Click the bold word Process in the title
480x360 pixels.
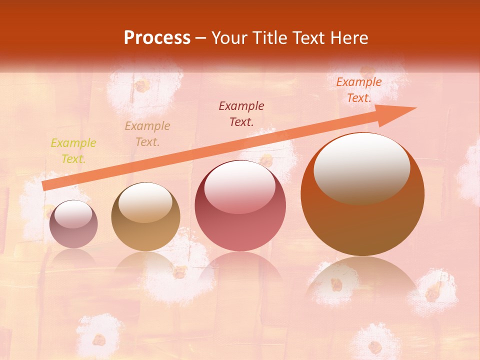click(x=157, y=38)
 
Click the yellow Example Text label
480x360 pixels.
click(x=73, y=151)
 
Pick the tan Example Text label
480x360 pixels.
click(x=147, y=134)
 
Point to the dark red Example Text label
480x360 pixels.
click(x=241, y=114)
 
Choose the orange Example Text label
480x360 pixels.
click(x=359, y=90)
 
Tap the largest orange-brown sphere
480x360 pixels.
click(x=362, y=225)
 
